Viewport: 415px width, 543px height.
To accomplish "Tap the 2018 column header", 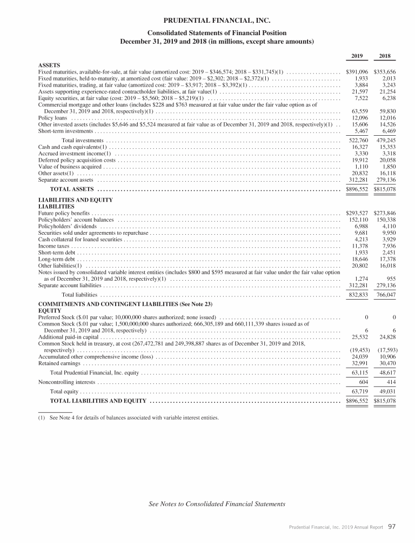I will pyautogui.click(x=386, y=56).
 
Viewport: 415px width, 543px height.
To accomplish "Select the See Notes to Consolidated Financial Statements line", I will pyautogui.click(x=217, y=504).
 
